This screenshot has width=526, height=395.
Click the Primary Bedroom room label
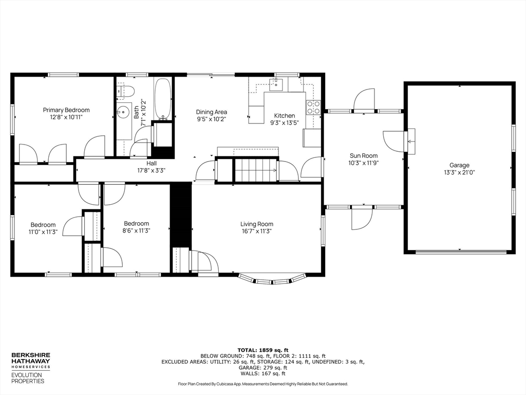66,110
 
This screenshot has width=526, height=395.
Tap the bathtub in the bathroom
163,99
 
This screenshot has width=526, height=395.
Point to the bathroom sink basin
123,111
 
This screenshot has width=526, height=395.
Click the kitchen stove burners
313,107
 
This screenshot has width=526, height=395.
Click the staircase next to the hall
255,170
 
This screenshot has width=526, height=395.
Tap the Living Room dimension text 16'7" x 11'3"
256,231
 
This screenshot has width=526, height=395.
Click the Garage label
459,165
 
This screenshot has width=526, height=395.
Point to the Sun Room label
364,156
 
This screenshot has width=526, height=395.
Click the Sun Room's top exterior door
364,100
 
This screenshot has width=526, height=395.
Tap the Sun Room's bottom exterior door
362,219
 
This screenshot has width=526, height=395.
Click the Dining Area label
211,112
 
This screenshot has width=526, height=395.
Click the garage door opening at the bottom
460,252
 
